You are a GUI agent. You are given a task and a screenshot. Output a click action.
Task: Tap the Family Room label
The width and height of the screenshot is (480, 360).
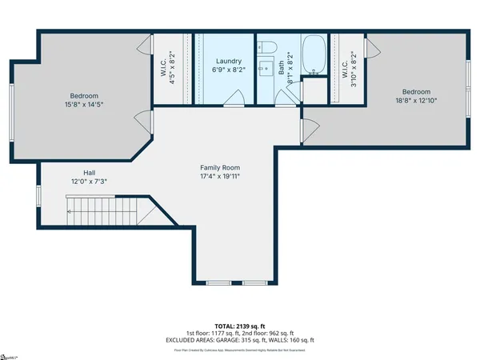219,167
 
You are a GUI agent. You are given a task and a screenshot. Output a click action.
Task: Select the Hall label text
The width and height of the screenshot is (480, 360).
90,173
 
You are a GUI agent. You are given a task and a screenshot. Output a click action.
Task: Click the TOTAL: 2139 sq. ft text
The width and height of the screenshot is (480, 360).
239,326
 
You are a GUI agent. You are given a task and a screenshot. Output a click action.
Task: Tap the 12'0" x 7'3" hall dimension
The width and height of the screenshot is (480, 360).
90,182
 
